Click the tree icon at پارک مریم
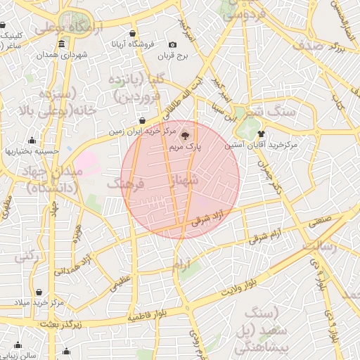(184, 136)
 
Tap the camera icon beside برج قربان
(173, 44)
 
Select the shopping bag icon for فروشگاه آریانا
(132, 33)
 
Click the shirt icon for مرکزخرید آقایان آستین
(261, 133)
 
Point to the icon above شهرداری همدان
(62, 45)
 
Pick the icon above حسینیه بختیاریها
(32, 140)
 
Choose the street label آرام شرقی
(269, 235)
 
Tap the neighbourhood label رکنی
(26, 257)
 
